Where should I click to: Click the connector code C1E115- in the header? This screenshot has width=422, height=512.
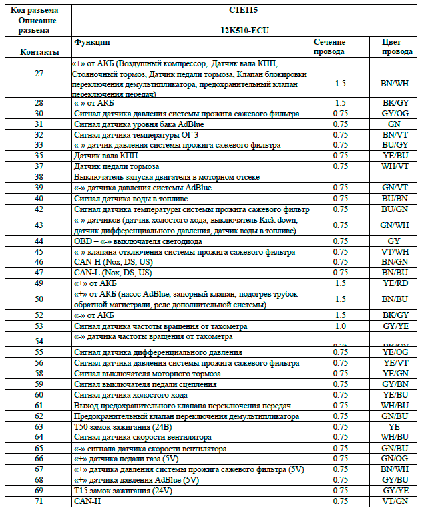tap(246, 10)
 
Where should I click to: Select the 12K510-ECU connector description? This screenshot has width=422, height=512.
tap(245, 31)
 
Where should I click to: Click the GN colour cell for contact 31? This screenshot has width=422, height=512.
tap(393, 124)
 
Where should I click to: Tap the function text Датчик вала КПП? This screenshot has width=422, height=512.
tap(106, 156)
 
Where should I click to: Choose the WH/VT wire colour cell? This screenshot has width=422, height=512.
tap(393, 166)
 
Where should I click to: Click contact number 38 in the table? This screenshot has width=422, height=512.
tap(39, 177)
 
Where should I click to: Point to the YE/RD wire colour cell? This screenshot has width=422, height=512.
tap(393, 283)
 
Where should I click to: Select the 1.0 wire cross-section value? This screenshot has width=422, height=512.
tap(340, 326)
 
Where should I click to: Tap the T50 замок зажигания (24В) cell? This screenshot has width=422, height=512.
tap(121, 426)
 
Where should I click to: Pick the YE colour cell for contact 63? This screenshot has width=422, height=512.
tap(393, 426)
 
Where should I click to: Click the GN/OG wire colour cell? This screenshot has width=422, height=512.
tap(393, 459)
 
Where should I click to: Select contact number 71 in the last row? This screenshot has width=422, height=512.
tap(39, 501)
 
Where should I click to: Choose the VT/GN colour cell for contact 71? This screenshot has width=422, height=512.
tap(393, 501)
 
